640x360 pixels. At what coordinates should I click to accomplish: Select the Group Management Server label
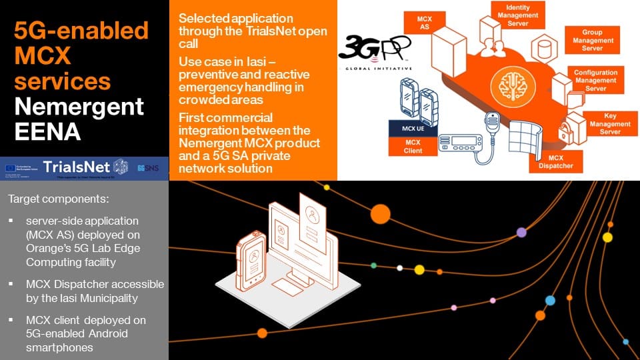tap(592, 40)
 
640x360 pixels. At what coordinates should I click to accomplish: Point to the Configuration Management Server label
tap(595, 80)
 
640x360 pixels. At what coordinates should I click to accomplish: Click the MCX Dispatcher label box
tap(547, 161)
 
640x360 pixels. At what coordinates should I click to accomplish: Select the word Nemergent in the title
tap(79, 107)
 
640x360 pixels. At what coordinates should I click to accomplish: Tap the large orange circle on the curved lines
tap(380, 214)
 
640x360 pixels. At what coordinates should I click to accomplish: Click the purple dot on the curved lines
tap(521, 232)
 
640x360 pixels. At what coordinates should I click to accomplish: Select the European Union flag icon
tap(13, 167)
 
